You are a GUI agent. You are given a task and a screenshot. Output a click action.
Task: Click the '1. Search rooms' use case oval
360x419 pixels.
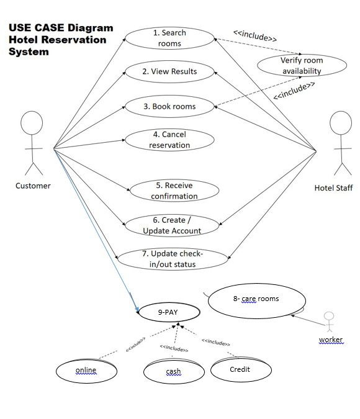coord(169,38)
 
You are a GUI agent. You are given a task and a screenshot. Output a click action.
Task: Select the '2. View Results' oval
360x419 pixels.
coord(169,71)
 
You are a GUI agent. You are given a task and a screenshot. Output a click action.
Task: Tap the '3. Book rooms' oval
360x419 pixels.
coord(169,106)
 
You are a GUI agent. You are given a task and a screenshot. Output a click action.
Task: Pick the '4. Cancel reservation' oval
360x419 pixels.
coord(169,140)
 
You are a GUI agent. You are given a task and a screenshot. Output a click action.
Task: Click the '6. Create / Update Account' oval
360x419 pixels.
coord(172,225)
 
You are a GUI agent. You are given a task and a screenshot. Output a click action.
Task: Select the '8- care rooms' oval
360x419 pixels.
coord(256,300)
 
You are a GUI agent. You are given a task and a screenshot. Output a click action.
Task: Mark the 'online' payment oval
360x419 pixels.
coord(86,371)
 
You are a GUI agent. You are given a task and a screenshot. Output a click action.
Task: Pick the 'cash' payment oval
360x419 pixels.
coord(174,372)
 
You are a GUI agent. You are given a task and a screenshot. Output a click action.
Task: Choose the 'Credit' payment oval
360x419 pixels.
coord(240,369)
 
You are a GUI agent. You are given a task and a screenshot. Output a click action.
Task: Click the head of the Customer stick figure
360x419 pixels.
coord(32,122)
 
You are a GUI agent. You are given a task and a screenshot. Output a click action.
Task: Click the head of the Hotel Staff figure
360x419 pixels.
coord(340,122)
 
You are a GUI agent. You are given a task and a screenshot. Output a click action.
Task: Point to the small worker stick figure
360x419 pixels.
coord(330,323)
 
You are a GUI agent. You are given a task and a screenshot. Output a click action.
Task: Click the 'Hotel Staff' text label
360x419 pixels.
coord(333,188)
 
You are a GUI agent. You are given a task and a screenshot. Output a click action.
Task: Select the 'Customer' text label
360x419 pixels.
coord(33,186)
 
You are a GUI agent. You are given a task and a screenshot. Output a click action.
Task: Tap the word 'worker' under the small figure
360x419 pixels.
coord(330,340)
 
